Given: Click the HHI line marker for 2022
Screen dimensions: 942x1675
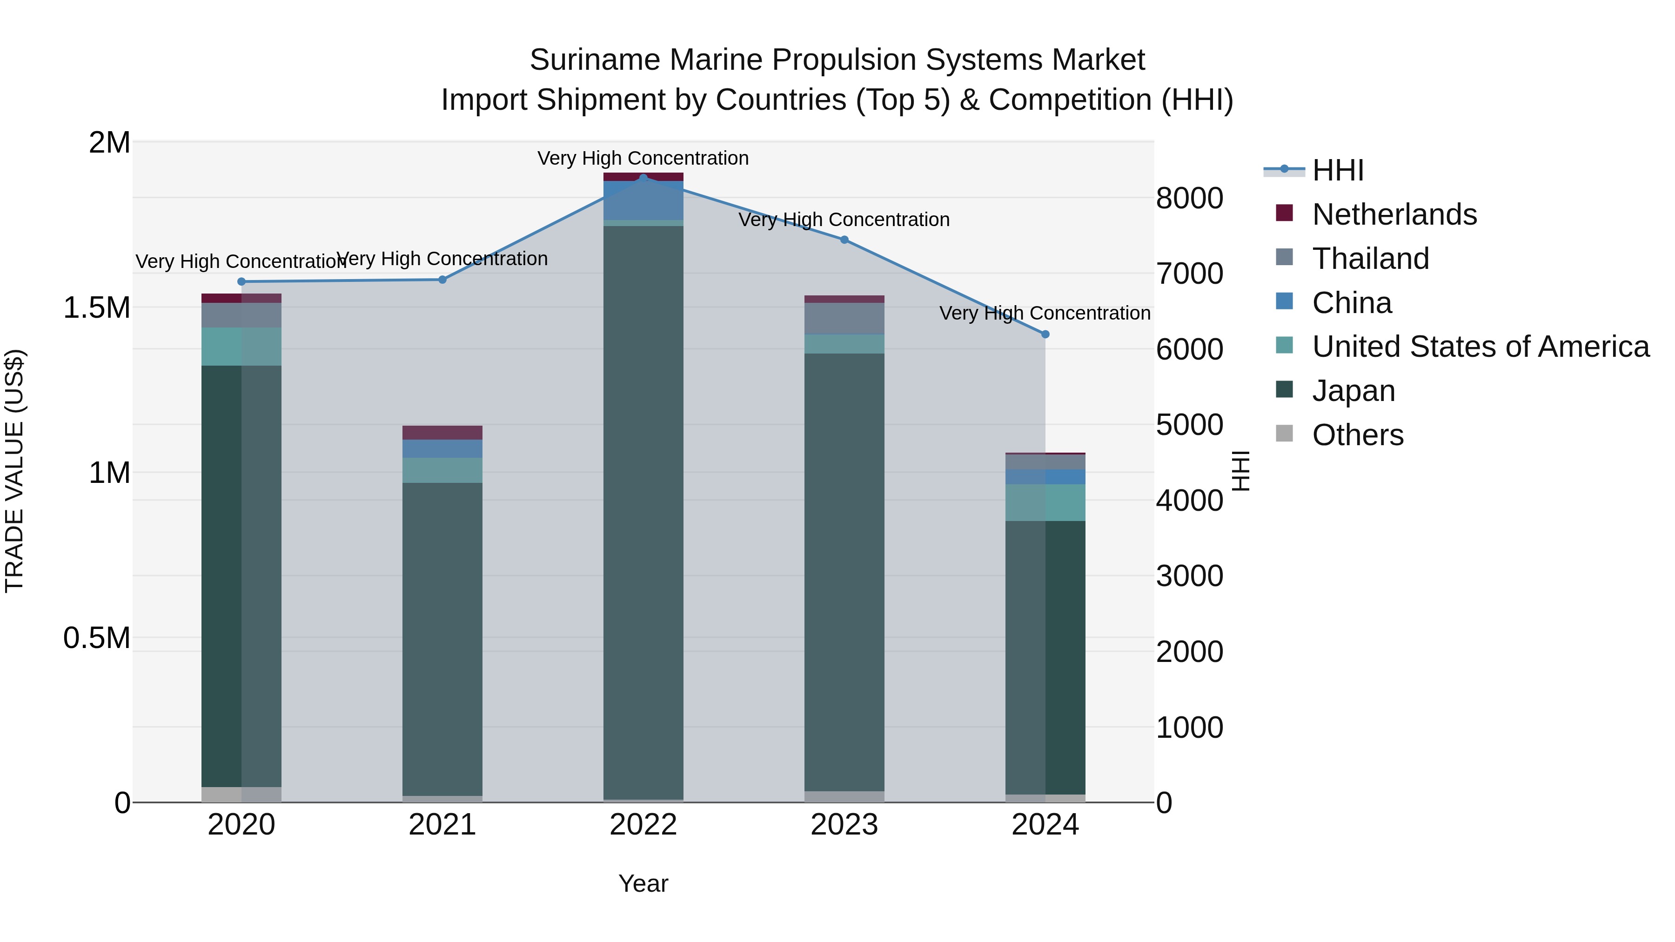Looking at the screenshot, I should coord(643,178).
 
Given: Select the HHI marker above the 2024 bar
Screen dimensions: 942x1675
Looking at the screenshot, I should coord(1045,334).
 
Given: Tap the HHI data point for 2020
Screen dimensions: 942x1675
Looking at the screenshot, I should coord(241,281).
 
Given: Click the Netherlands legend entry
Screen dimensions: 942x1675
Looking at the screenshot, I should coord(1394,214).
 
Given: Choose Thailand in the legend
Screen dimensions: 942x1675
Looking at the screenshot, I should coord(1370,259).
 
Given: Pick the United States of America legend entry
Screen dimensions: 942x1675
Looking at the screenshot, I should coord(1480,347).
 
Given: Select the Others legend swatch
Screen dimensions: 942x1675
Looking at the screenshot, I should coord(1284,434).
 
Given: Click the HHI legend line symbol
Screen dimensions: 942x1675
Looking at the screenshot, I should coord(1284,170).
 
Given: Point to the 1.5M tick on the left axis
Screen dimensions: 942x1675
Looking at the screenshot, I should coord(96,307).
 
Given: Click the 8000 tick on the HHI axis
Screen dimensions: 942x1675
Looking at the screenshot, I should coord(1189,198).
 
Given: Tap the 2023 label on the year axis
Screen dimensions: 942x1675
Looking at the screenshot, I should coord(844,825).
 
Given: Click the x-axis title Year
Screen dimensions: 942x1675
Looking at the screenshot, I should coord(643,883).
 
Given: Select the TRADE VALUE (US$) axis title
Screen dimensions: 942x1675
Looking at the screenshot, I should coord(14,471).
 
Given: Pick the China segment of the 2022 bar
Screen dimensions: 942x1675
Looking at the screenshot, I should coord(643,200).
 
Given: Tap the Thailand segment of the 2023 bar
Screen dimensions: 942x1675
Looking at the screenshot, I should coord(844,319).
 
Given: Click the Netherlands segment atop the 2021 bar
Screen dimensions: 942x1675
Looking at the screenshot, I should coord(442,432).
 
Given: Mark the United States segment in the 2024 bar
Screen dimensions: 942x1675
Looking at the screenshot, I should coord(1045,502).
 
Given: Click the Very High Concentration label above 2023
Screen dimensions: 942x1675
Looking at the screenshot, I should coord(844,220).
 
